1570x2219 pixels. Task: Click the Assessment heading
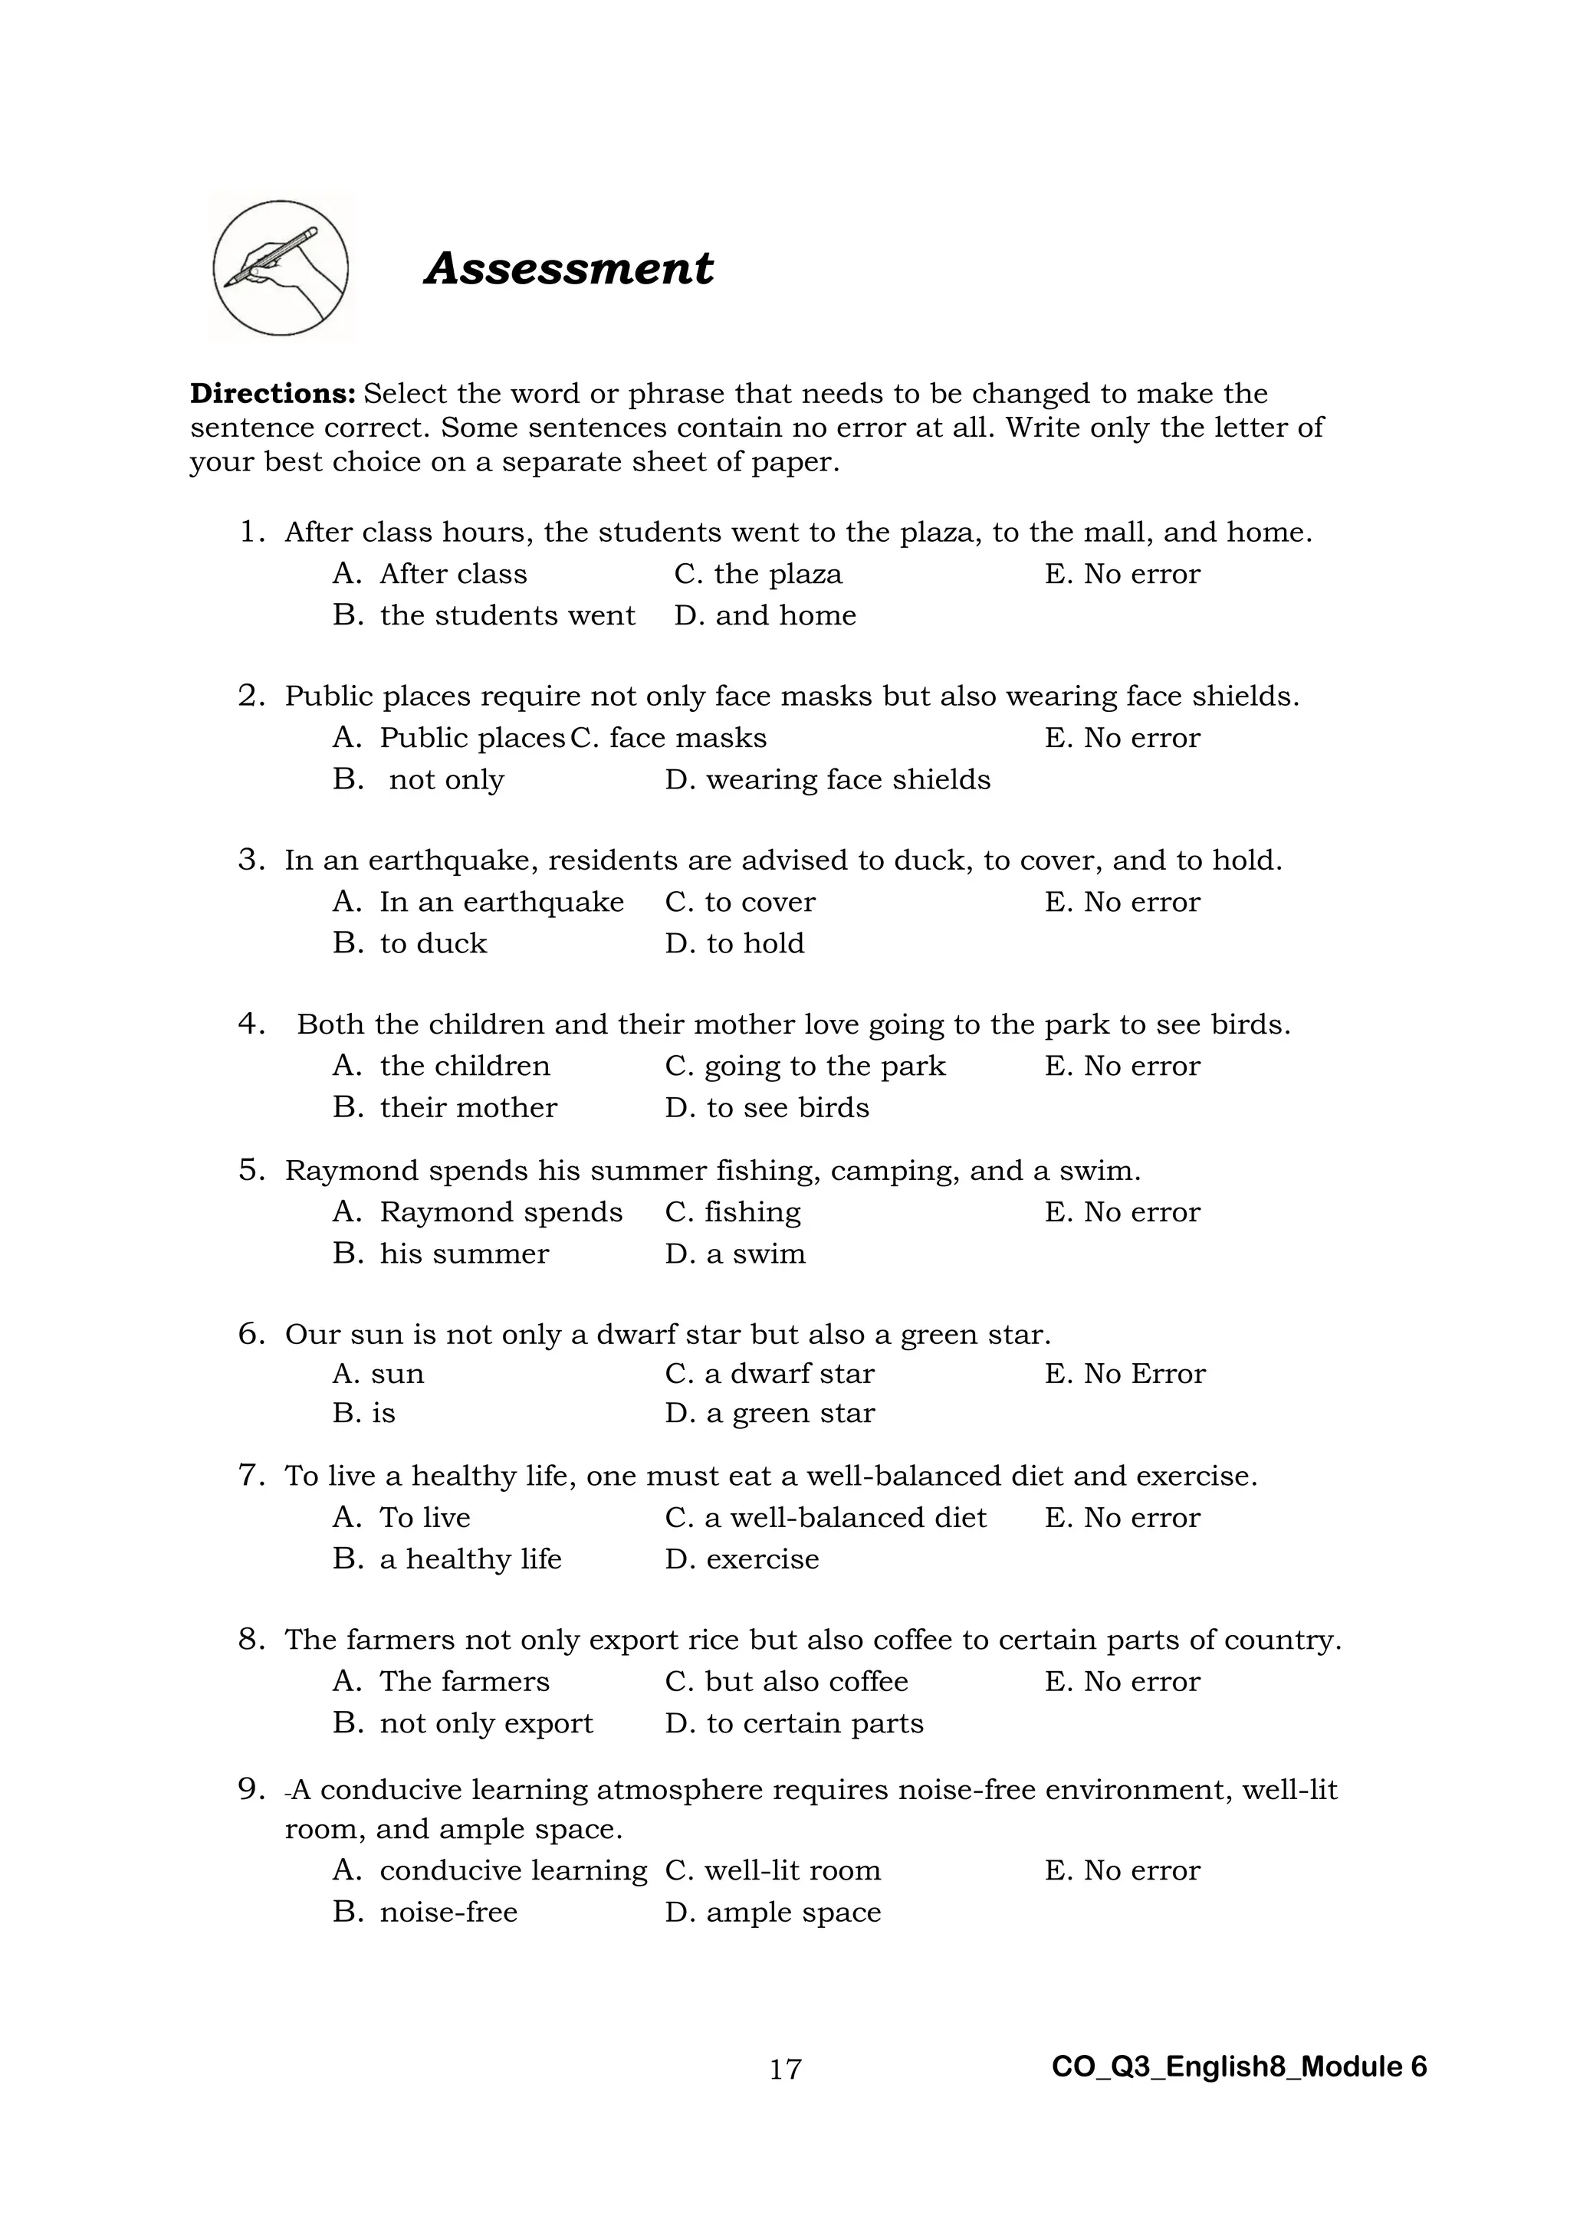coord(569,269)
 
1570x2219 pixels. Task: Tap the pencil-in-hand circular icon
coord(281,269)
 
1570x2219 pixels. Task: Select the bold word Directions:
coord(274,395)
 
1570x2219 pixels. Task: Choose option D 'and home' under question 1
coord(765,615)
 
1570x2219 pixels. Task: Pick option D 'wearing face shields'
coord(827,780)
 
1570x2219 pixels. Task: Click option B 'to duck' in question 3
coord(410,943)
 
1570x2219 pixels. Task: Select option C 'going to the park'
coord(804,1066)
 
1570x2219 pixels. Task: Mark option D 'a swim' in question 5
coord(734,1254)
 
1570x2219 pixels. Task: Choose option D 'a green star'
coord(770,1413)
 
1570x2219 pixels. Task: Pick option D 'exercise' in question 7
coord(741,1559)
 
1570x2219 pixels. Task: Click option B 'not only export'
coord(463,1723)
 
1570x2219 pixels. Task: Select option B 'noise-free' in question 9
coord(425,1912)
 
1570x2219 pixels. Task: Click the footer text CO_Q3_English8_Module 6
coord(1238,2067)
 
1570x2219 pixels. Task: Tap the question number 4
coord(251,1024)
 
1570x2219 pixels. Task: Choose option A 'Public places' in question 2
coord(449,739)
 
